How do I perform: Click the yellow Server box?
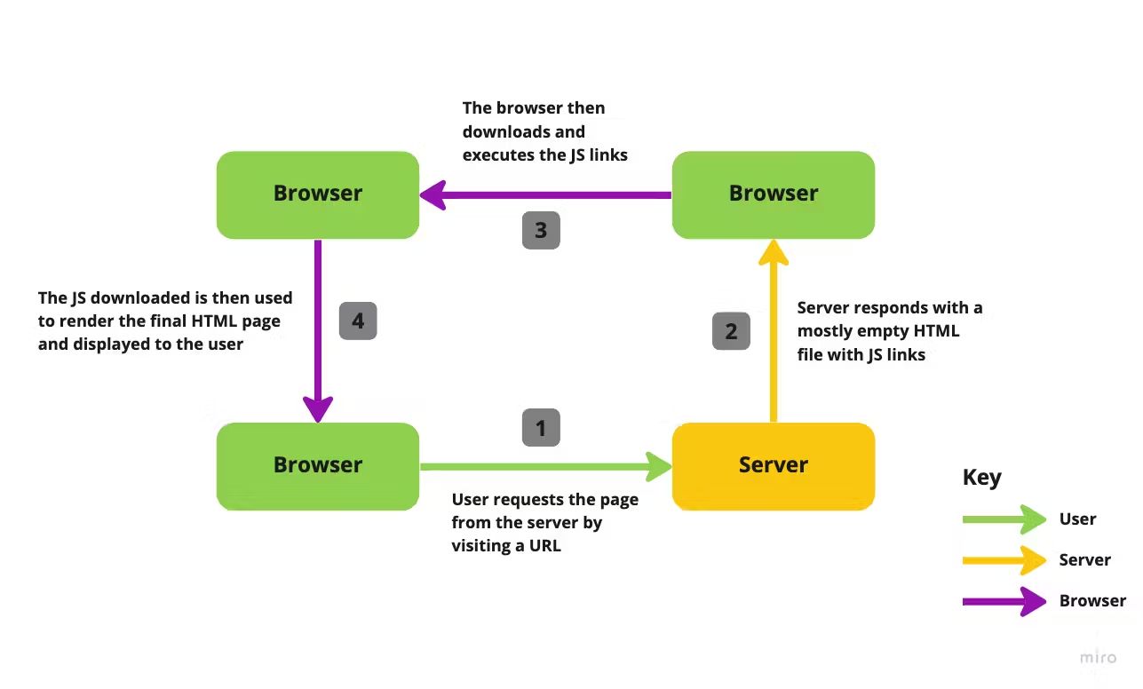click(773, 465)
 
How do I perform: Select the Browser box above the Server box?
click(773, 194)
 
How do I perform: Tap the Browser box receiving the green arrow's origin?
click(318, 465)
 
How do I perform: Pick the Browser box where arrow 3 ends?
click(318, 194)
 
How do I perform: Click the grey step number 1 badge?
click(541, 429)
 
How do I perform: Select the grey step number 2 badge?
click(731, 331)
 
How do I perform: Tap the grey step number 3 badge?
click(541, 231)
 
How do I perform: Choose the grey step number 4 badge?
click(358, 321)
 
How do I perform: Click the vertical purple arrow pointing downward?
click(318, 329)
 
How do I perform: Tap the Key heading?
click(981, 478)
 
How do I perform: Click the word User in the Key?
click(1077, 519)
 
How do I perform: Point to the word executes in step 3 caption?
click(499, 155)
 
